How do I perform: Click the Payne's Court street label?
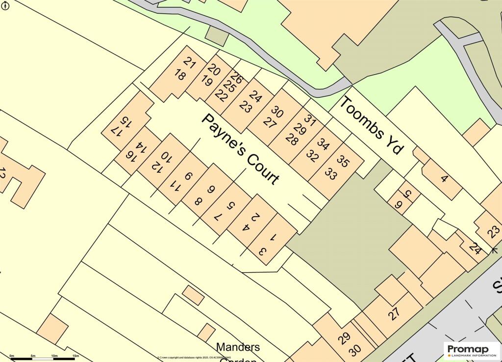click(241, 149)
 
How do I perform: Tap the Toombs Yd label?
click(371, 125)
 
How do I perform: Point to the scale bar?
click(44, 358)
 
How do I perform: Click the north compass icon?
click(5, 5)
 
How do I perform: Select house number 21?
click(190, 62)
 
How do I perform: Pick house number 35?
click(344, 161)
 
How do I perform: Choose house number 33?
click(331, 174)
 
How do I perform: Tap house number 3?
click(262, 252)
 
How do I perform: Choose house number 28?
click(291, 140)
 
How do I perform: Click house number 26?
click(236, 77)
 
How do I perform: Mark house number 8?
click(198, 201)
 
